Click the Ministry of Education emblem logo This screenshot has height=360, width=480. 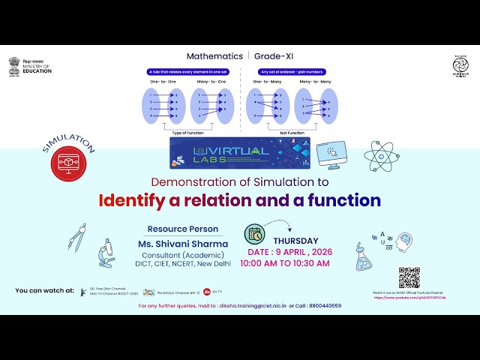(x=15, y=66)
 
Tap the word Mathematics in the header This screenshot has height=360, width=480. (x=214, y=56)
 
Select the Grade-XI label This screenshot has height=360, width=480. (x=274, y=56)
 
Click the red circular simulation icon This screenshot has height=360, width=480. (x=69, y=164)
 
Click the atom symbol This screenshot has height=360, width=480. (x=382, y=156)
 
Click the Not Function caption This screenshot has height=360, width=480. (x=291, y=131)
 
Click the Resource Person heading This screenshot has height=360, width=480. (x=183, y=229)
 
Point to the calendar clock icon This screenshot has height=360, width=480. (x=256, y=233)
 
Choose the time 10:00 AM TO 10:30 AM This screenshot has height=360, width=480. (x=284, y=263)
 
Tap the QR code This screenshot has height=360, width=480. (x=409, y=277)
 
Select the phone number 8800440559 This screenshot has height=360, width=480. (x=324, y=306)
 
